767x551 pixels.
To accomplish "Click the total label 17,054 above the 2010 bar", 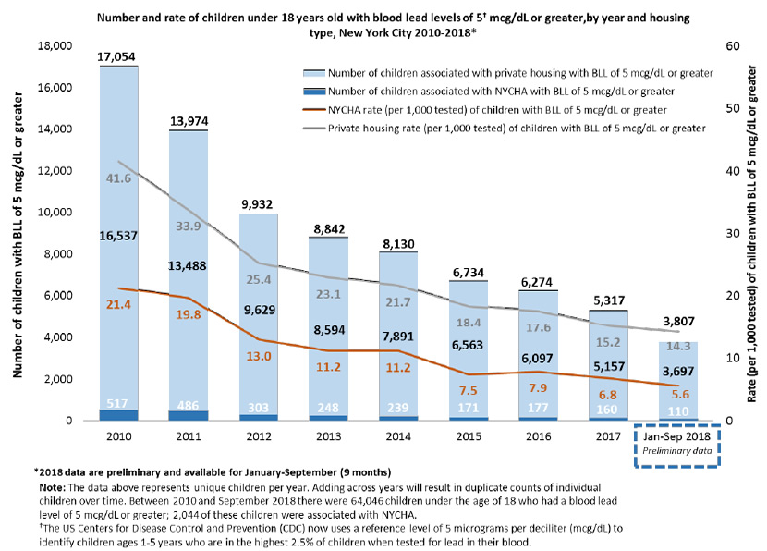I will click(118, 56).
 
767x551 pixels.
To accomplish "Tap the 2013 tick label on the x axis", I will click(325, 435).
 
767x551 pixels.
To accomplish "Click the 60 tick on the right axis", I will click(712, 46).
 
